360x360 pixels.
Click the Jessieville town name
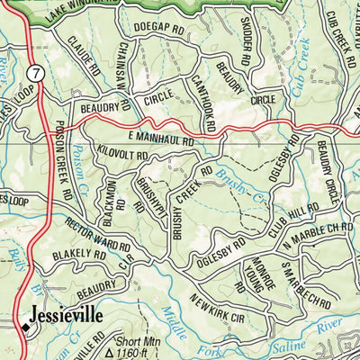tap(66, 316)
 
